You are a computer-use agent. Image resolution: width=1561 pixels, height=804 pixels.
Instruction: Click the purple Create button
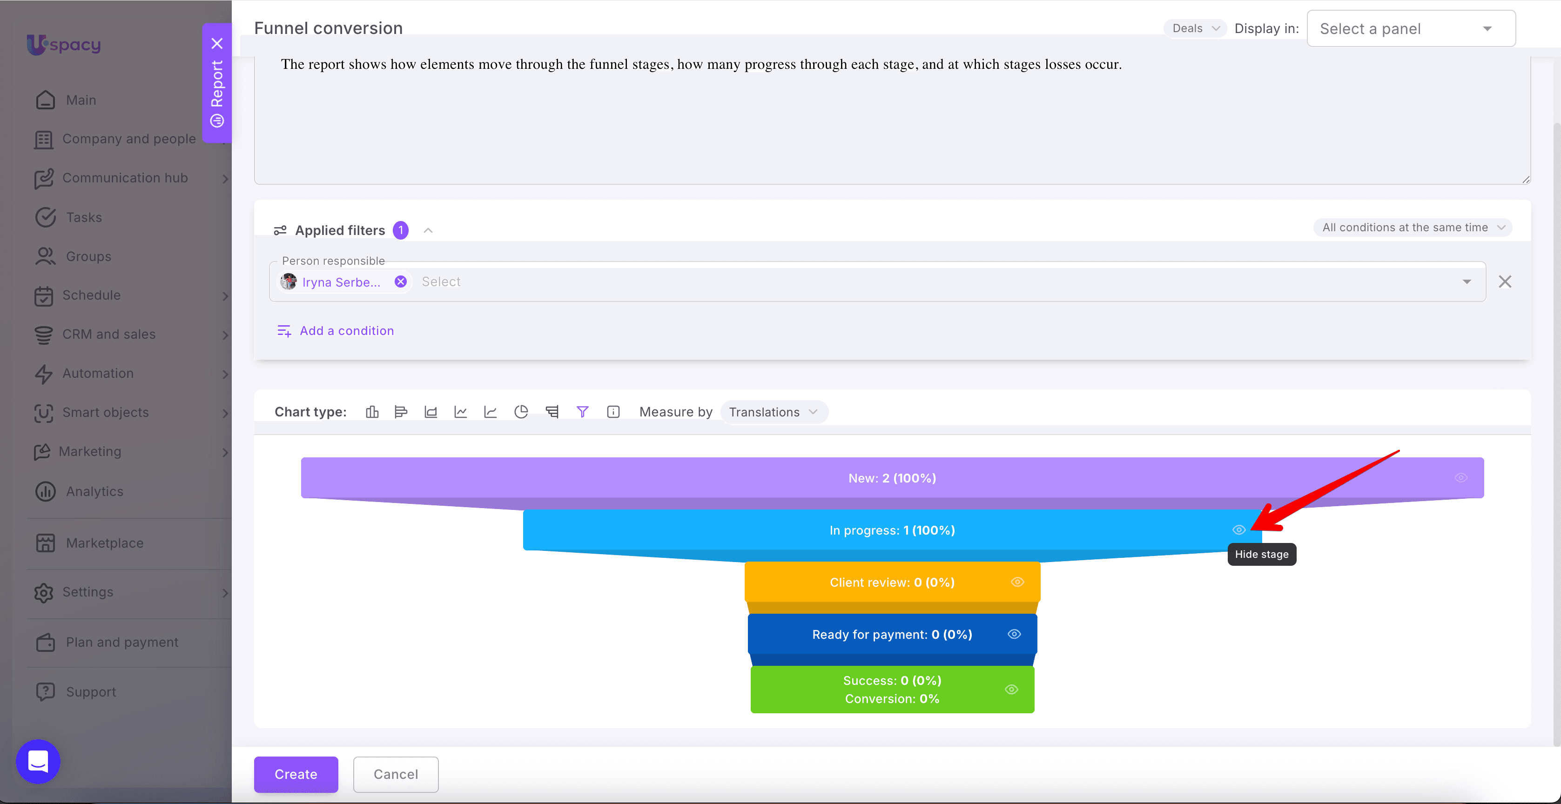[296, 774]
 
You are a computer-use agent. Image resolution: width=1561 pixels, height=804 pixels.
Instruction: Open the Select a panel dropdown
[1411, 28]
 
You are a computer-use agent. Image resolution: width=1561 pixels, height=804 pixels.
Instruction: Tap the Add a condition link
[336, 331]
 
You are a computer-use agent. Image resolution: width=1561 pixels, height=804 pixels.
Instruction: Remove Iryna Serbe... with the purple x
[401, 282]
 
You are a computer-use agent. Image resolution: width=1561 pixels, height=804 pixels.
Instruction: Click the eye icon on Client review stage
[1017, 582]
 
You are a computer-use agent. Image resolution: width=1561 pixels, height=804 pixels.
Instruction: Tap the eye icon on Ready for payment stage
[1015, 634]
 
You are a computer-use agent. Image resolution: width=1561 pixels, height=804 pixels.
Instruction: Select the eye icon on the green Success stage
[1011, 690]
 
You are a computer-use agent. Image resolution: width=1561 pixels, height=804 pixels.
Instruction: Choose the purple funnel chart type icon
[582, 412]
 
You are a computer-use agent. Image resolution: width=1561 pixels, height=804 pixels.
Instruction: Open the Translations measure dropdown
[773, 412]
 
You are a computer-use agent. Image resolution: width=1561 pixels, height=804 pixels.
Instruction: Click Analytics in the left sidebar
[94, 491]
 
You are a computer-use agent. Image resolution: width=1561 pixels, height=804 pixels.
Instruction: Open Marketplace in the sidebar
[105, 543]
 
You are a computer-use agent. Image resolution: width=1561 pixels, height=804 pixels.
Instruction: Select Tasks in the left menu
[84, 217]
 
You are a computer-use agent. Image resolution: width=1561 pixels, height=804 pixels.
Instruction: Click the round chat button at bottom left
[38, 762]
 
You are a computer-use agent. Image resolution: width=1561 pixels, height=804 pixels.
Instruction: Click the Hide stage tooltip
[1262, 554]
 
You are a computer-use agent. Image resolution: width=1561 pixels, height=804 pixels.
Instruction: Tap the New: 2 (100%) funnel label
[892, 478]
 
